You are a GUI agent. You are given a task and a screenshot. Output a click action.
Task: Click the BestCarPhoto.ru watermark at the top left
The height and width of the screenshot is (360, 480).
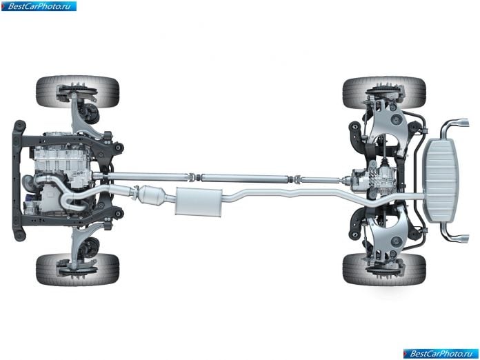39,6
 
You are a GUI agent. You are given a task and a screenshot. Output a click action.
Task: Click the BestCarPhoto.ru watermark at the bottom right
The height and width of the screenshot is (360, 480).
441,354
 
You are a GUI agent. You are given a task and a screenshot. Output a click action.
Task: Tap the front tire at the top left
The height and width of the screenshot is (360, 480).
77,92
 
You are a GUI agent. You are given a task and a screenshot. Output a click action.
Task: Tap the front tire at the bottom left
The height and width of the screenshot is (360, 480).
77,270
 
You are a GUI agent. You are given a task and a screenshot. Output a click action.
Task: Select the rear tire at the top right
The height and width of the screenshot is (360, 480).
384,92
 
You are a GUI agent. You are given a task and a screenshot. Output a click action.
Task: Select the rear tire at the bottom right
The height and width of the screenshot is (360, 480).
384,270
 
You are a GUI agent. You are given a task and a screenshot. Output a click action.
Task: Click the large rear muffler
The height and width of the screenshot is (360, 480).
441,181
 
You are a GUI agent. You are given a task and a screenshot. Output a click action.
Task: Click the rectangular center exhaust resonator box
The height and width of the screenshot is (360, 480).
199,201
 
